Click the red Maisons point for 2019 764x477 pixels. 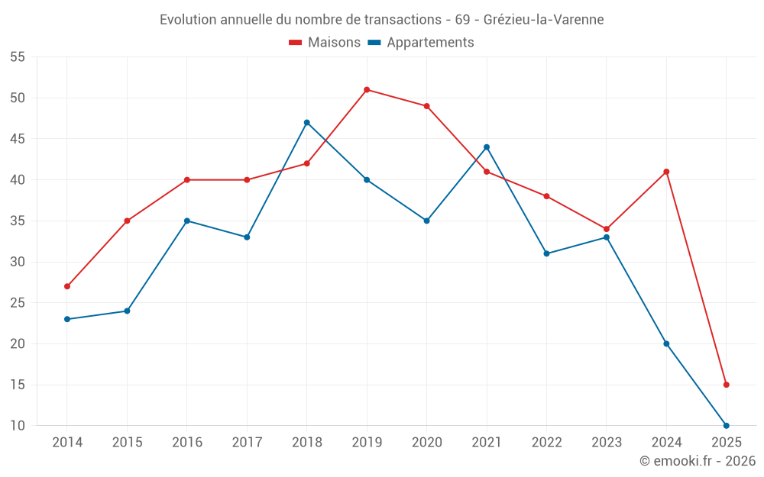point(367,90)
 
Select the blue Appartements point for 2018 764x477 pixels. point(307,123)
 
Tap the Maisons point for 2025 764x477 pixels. point(727,385)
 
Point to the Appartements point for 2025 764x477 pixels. point(727,426)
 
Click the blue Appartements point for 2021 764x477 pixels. point(487,147)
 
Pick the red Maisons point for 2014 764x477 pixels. point(67,286)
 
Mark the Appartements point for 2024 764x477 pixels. point(666,343)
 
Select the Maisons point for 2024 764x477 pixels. point(666,172)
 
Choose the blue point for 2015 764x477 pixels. point(127,311)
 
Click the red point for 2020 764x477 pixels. point(427,106)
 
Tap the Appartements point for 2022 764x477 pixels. point(546,253)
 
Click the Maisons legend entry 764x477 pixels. point(325,43)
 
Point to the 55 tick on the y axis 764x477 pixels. point(18,57)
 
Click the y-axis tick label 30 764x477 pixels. point(18,262)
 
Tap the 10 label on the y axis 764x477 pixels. point(18,426)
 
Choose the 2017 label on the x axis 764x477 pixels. point(247,443)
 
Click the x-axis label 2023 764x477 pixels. point(607,443)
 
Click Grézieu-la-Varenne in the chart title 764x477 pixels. point(543,20)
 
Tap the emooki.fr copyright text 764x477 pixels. point(697,461)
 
